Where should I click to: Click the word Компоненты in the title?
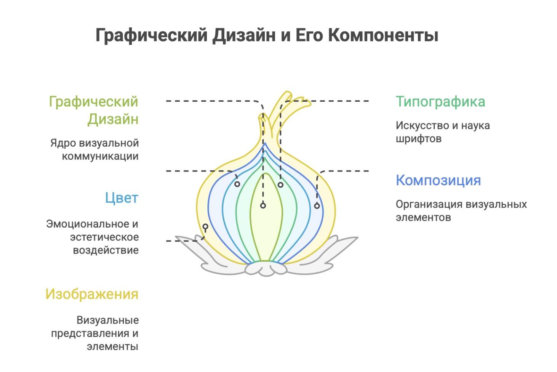(383, 35)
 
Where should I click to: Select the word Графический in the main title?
(151, 35)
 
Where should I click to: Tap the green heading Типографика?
(440, 102)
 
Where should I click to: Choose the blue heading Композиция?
(438, 180)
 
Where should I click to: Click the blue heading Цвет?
(122, 198)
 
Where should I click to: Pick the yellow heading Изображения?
(92, 294)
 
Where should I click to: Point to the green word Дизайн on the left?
(113, 119)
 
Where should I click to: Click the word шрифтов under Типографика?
(418, 139)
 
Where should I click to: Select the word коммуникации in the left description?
(100, 156)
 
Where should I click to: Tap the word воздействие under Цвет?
(106, 250)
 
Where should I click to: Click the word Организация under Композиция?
(423, 204)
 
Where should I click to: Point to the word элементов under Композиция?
(423, 218)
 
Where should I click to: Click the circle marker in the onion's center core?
(263, 205)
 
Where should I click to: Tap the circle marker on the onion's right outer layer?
(317, 206)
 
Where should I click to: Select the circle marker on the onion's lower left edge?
(205, 227)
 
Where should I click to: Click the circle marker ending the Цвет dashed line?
(237, 184)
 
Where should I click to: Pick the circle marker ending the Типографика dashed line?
(280, 185)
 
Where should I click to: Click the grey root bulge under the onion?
(266, 268)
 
